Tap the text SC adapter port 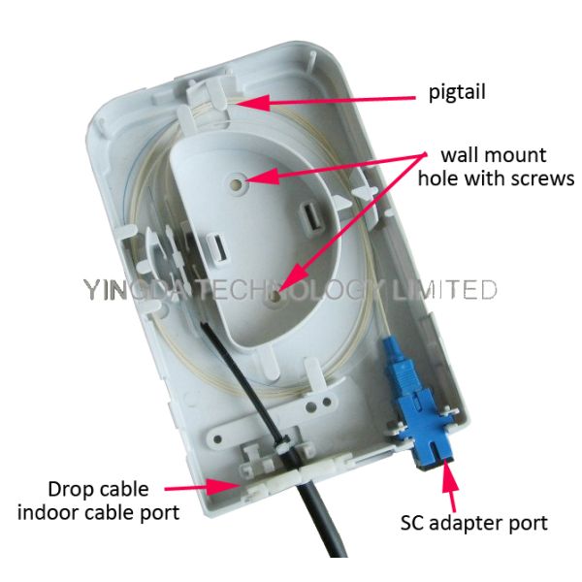pos(474,523)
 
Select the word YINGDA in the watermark pos(127,289)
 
